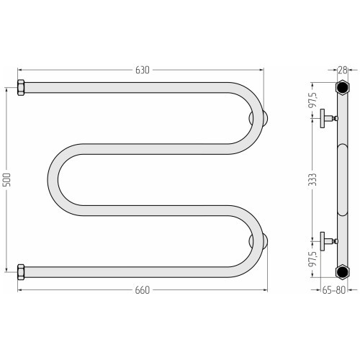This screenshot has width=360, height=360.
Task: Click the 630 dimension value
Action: tap(143, 70)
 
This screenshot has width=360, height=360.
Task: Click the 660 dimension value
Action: tap(143, 290)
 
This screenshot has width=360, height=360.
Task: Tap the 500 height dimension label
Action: tap(7, 179)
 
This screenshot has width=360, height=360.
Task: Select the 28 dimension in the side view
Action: tap(343, 70)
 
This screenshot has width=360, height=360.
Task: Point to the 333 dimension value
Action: tap(312, 179)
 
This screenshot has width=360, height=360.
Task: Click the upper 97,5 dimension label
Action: tap(312, 99)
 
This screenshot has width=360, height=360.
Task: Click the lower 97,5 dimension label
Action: tap(312, 259)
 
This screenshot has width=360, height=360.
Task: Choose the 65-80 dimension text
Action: tap(333, 290)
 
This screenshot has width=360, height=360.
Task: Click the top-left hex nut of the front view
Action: tap(21, 88)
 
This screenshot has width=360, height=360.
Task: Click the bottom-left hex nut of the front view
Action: tap(21, 272)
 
